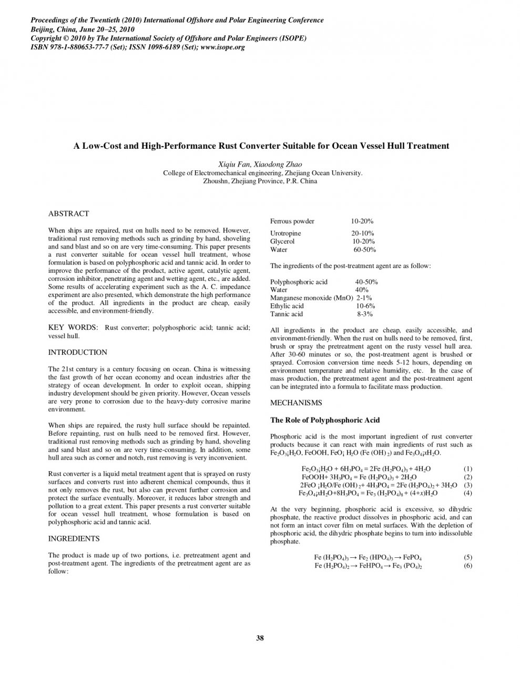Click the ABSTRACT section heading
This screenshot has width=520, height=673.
pos(68,214)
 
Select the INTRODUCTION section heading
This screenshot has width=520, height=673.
pos(77,352)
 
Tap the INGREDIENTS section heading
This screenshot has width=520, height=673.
pos(74,539)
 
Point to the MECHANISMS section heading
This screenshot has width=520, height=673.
pos(295,403)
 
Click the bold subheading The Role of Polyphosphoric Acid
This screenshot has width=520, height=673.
pos(324,420)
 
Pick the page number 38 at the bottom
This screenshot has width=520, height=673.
pos(260,638)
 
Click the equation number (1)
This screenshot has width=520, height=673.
pos(467,468)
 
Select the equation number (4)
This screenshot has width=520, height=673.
pos(467,493)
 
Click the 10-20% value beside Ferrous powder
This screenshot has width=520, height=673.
pos(362,221)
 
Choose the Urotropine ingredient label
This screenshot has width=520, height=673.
pos(286,233)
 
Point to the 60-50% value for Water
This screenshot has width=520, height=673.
pos(364,250)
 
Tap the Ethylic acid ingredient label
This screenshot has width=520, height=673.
pos(287,306)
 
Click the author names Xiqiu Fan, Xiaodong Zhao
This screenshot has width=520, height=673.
pos(260,165)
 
